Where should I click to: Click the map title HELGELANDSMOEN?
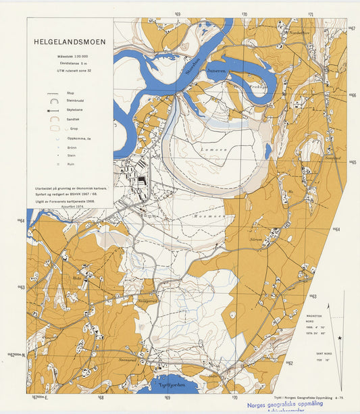70,41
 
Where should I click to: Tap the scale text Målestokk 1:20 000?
70,55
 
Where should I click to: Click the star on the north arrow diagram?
340,337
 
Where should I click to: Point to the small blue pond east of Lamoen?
268,151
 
